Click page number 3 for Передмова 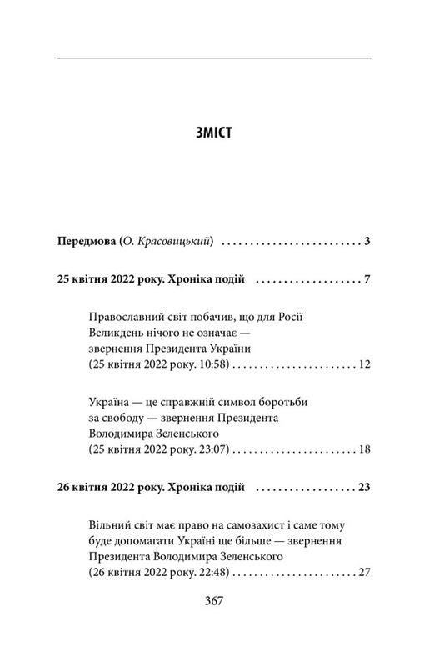pos(366,243)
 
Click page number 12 pos(362,365)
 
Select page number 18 pos(362,450)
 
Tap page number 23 pos(362,487)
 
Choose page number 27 pos(362,573)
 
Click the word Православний pos(126,315)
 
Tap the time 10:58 pos(207,365)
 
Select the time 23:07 pos(207,450)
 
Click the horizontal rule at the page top pos(216,58)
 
